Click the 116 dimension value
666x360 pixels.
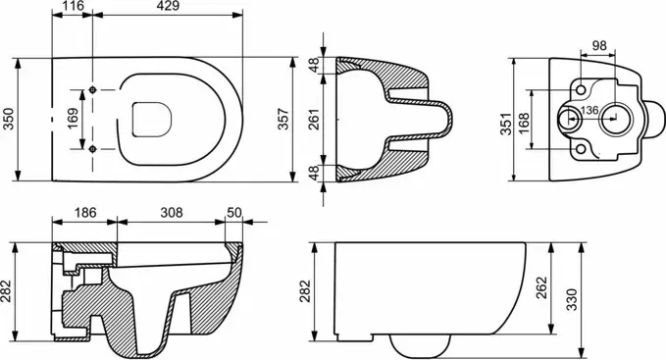(x=73, y=6)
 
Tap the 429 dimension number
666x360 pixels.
(x=168, y=6)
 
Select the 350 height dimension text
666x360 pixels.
(x=9, y=120)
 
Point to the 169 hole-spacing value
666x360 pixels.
(x=73, y=119)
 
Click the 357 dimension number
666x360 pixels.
(x=282, y=120)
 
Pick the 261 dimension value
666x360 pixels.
(x=313, y=120)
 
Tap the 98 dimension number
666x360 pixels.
(x=599, y=45)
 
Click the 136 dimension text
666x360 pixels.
(x=589, y=111)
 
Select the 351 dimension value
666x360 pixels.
(x=506, y=124)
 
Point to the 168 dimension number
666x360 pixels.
(x=524, y=124)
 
